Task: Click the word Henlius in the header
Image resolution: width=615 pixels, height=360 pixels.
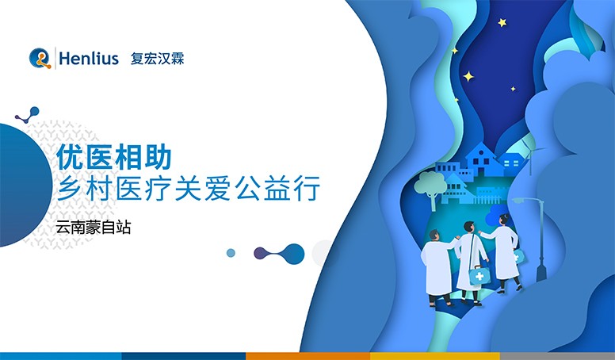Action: pos(89,59)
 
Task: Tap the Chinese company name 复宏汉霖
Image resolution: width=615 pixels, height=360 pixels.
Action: pos(157,59)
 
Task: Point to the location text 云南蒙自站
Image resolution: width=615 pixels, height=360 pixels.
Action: pos(93,227)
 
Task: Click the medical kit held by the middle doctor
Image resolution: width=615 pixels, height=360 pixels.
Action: pos(479,274)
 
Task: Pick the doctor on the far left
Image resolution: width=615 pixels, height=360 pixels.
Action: pos(437,266)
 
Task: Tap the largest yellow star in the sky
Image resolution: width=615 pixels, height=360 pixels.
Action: pos(468,76)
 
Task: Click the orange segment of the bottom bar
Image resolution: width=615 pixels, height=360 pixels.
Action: pos(307,355)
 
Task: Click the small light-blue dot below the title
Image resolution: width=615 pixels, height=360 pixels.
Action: pos(231,253)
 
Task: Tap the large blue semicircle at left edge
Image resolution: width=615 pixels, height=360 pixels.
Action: pos(20,186)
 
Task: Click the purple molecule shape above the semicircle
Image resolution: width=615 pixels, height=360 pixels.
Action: pos(27,115)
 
